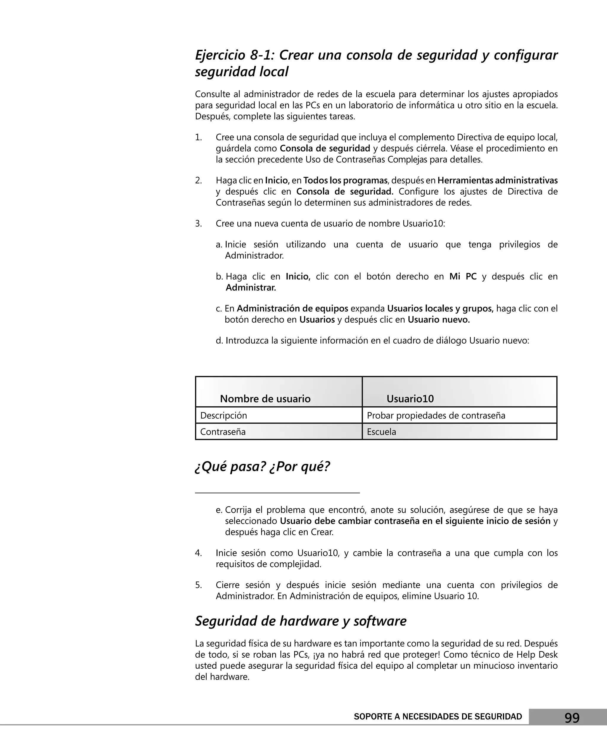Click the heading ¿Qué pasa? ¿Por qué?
coord(262,466)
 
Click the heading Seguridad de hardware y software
coord(301,621)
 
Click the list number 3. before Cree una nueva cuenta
coord(198,223)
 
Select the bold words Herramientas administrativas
coord(497,181)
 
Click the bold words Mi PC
coord(463,276)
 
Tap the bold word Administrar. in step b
coord(250,288)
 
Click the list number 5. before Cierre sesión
coord(198,585)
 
